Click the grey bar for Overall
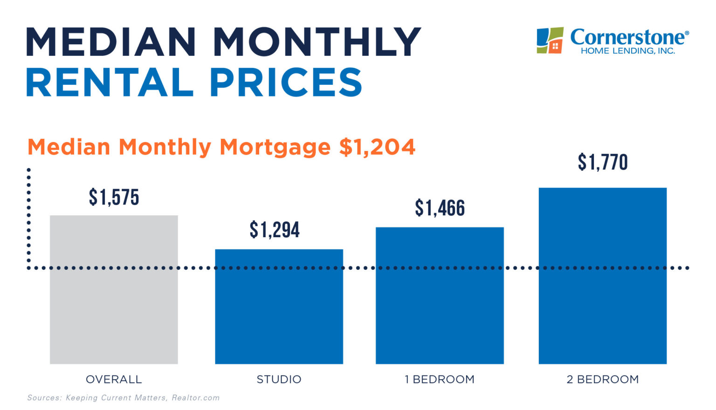coord(114,289)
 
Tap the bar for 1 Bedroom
coord(440,295)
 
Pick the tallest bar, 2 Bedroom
coord(602,275)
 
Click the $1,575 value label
coord(114,198)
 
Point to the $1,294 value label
coord(275,230)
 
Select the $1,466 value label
coord(440,208)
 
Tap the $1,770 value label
coord(602,162)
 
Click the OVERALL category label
coord(114,379)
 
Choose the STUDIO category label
coord(279,379)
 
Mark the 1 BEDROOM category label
coord(440,379)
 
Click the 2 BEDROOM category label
coord(602,379)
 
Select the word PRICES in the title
coord(285,83)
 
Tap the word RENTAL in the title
coord(110,83)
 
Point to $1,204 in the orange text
coord(377,147)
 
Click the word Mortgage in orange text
coord(275,147)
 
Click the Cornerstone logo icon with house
coord(550,40)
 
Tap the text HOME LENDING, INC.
coord(627,51)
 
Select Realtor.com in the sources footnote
coord(195,398)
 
